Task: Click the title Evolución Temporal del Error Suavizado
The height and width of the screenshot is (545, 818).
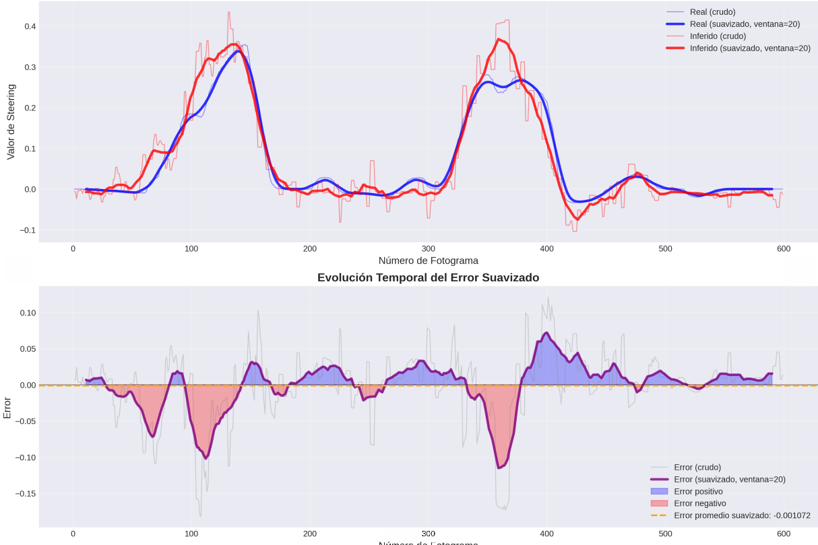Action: coord(428,277)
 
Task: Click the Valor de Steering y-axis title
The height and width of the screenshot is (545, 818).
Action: coord(11,122)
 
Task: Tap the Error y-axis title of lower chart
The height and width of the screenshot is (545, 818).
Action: coord(7,406)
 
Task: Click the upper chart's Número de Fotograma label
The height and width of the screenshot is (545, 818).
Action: coord(428,260)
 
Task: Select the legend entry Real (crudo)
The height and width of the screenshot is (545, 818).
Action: coord(712,12)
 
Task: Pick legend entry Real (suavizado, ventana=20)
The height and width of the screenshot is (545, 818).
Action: coord(745,24)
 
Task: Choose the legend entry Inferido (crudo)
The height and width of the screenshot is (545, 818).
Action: coord(718,36)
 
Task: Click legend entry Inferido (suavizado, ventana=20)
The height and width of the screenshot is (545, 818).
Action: coord(750,48)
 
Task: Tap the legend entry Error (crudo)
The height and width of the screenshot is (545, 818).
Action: coord(697,467)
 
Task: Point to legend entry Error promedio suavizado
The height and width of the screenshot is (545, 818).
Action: coord(742,515)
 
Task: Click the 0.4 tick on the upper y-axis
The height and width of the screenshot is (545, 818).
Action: coord(30,26)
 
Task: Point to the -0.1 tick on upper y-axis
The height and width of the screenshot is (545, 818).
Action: coord(27,230)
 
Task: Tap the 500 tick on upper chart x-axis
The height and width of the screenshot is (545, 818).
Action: coord(665,249)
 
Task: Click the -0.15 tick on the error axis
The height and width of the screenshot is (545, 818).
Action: coord(24,493)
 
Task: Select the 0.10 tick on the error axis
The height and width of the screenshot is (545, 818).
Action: coord(27,313)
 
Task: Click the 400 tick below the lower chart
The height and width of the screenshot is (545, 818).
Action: coord(546,534)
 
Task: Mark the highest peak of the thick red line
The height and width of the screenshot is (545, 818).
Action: coord(499,39)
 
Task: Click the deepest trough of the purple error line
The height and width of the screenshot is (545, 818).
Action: coord(499,468)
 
